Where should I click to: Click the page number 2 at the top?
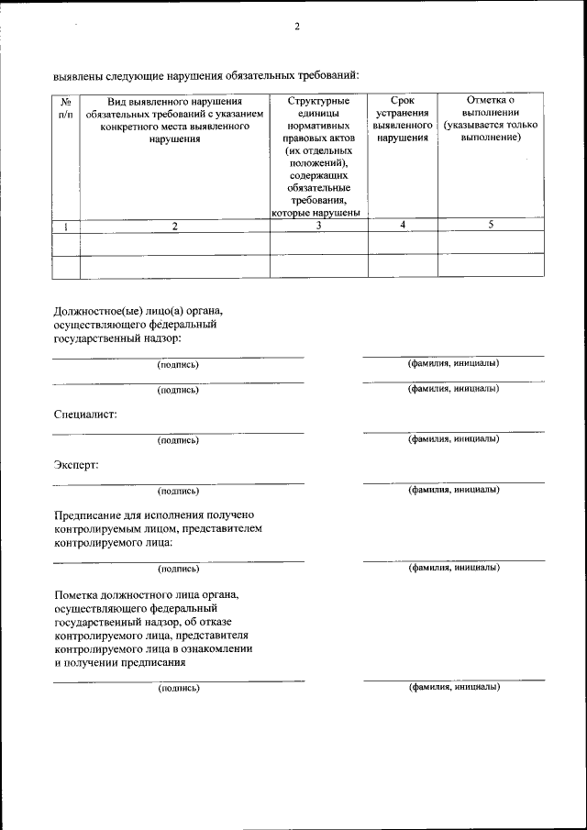pos(296,27)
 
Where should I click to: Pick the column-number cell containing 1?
pos(66,226)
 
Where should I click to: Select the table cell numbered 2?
pos(174,226)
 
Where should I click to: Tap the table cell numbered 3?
pos(317,226)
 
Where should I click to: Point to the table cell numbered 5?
pos(491,225)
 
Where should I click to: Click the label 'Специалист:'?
pos(85,415)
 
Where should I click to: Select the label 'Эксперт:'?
pos(76,464)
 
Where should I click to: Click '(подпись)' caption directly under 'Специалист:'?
pos(178,440)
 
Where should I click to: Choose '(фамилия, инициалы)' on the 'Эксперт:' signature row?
pos(453,489)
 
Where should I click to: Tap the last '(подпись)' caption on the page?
pos(178,687)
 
